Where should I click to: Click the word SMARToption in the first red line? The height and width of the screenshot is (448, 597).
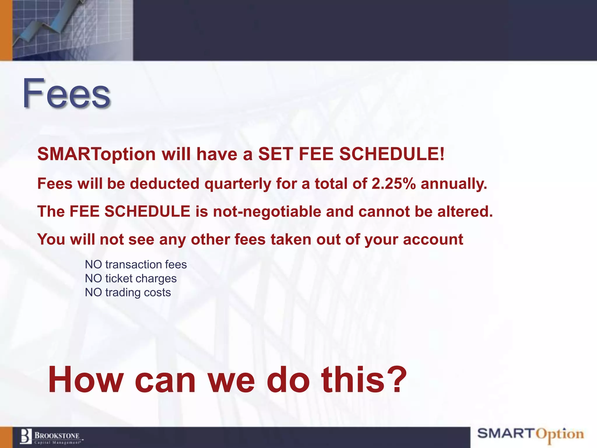coord(96,154)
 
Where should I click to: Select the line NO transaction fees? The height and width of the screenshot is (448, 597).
coord(136,265)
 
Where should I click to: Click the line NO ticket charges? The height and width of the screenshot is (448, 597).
coord(131,279)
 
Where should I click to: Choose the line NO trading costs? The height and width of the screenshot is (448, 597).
coord(128,293)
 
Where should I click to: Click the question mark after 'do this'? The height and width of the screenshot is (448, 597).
coord(398,380)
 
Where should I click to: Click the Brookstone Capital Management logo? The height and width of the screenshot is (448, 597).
coord(51,437)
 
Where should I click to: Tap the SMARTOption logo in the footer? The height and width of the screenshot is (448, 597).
coord(531,435)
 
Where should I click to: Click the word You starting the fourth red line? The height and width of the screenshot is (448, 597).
coord(51,239)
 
